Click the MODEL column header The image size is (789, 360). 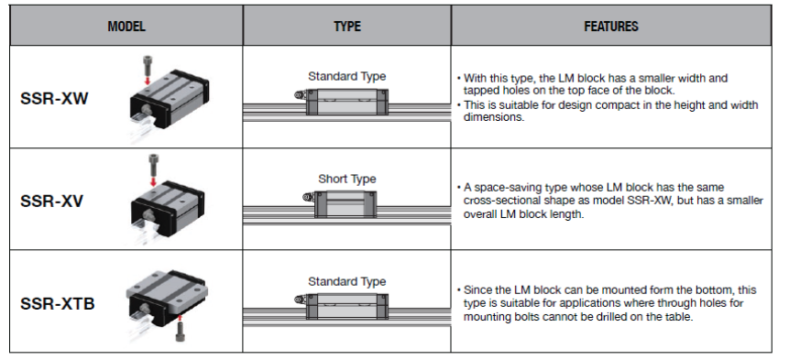pos(126,27)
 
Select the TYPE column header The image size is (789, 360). pos(346,27)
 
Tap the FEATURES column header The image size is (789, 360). pos(611,27)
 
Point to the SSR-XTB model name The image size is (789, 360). pos(57,303)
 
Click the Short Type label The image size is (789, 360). pos(346,179)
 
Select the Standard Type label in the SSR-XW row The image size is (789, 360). pos(346,76)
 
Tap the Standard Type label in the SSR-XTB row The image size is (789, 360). pos(346,281)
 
